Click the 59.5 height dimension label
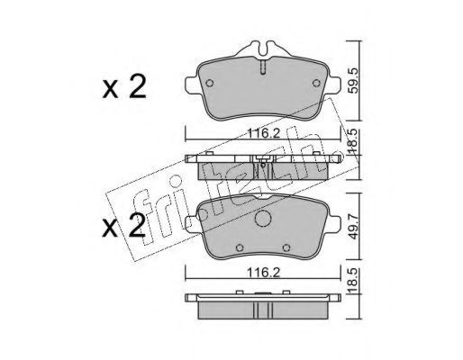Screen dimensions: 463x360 [354, 80]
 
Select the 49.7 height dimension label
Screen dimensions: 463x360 [354, 227]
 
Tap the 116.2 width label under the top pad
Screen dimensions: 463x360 [263, 133]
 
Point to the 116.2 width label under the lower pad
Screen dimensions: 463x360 [263, 273]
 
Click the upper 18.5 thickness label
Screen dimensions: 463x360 [354, 140]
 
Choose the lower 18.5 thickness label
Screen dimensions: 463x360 [354, 281]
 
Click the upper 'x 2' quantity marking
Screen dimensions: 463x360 [124, 87]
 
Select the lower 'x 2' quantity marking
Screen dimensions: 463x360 [124, 225]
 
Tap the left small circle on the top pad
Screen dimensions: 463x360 [210, 83]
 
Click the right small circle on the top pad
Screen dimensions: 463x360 [316, 83]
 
